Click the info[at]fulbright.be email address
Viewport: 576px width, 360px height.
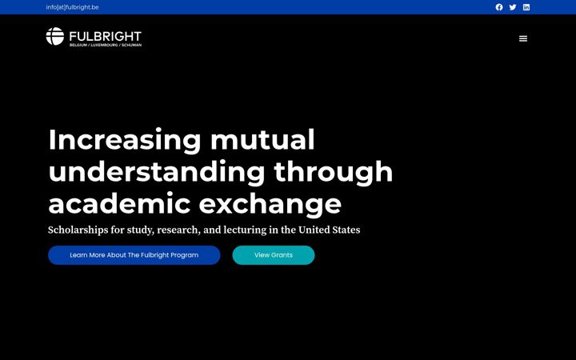(72, 7)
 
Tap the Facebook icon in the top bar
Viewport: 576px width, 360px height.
(499, 7)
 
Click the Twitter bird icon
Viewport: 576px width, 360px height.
(513, 7)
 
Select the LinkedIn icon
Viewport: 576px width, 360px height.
(526, 7)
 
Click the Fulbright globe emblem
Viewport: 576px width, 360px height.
(55, 36)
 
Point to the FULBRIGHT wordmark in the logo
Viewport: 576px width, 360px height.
(106, 36)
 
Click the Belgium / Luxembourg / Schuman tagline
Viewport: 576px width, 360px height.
(106, 45)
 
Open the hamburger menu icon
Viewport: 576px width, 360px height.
(523, 38)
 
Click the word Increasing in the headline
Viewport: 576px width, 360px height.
(125, 141)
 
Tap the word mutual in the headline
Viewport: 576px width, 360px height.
(262, 139)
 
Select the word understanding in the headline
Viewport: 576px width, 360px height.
(157, 173)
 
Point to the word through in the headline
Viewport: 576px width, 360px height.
(334, 173)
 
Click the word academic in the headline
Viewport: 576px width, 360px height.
(119, 203)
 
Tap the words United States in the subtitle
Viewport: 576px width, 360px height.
(329, 230)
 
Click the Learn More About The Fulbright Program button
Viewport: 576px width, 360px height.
(134, 255)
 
